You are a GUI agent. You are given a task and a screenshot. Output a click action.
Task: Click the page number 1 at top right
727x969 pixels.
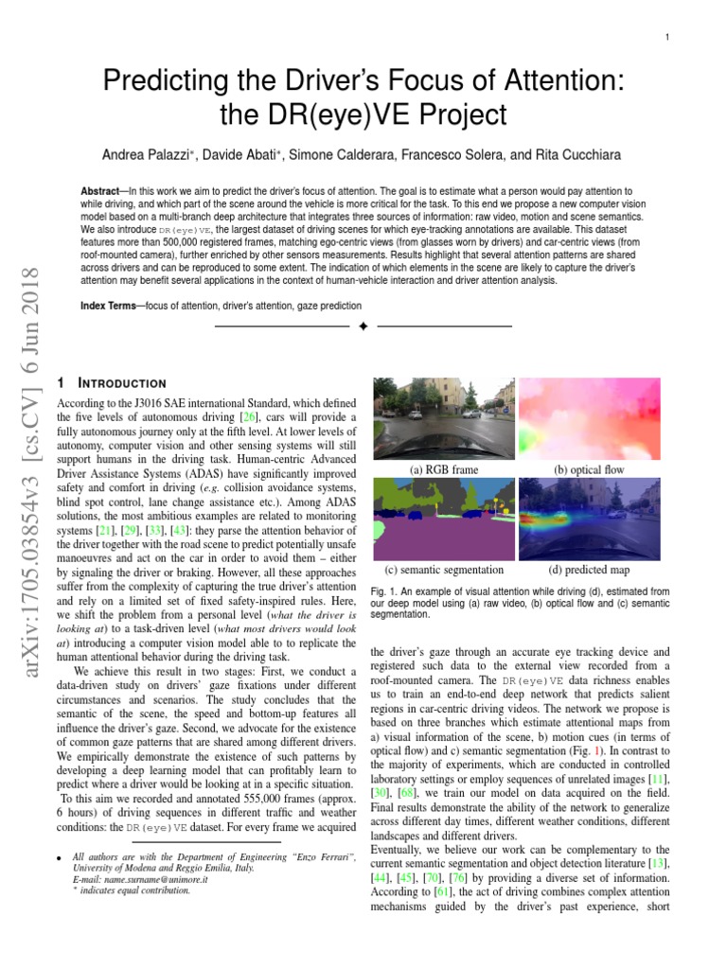click(x=667, y=37)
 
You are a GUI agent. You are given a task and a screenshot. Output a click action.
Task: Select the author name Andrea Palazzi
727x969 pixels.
click(x=144, y=153)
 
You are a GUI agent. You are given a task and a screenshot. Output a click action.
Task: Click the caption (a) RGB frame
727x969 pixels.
click(x=443, y=468)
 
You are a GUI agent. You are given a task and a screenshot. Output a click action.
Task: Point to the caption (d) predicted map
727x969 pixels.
click(x=588, y=570)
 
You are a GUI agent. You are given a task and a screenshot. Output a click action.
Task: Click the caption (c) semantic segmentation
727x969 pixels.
click(x=443, y=570)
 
